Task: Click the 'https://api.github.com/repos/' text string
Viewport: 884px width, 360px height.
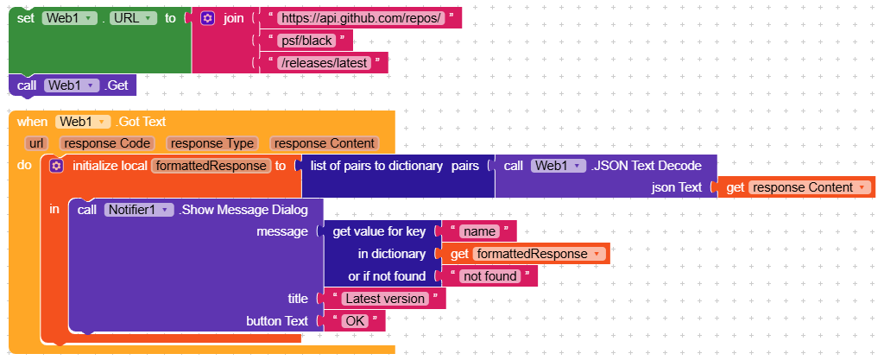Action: (361, 17)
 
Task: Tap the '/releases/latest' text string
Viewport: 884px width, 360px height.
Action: (324, 62)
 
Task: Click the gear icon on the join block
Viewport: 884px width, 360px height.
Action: (207, 17)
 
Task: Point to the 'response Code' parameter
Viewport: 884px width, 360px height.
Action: (108, 143)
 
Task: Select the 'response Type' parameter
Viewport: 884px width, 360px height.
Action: (212, 143)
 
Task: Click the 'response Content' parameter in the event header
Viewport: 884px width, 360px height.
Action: (324, 143)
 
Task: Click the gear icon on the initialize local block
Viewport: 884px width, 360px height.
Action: (57, 165)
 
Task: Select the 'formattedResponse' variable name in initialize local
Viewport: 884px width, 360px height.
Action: (211, 165)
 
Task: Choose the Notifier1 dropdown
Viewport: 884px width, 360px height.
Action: (139, 209)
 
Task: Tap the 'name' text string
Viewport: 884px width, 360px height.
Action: (477, 231)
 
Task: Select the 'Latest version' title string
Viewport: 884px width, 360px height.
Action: (384, 299)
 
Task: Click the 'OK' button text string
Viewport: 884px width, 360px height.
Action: (354, 320)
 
